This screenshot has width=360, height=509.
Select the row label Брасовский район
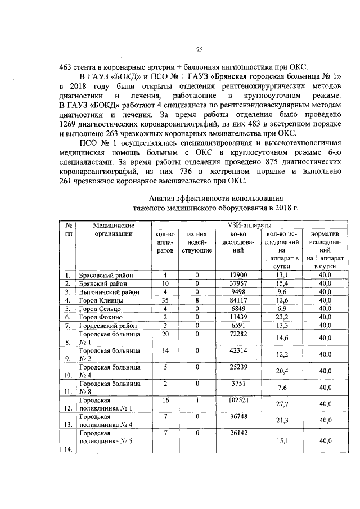coord(105,275)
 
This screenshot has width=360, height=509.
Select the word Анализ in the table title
coord(163,198)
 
